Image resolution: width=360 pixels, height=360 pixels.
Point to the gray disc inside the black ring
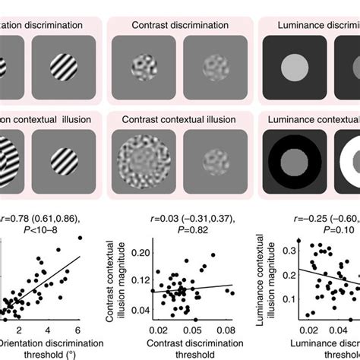point(298,163)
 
